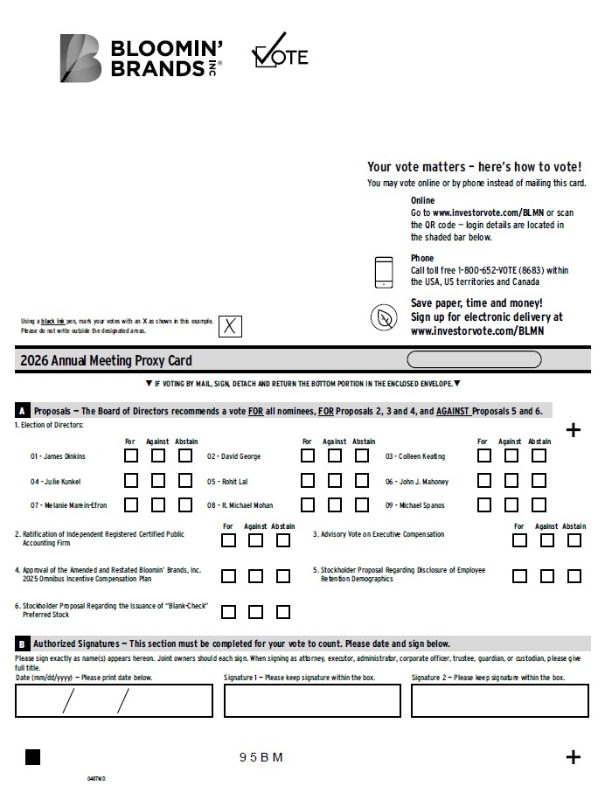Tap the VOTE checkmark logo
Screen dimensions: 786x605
(280, 52)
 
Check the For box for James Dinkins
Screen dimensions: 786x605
(130, 456)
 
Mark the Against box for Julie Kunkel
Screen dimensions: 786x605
(158, 480)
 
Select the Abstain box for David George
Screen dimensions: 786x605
(362, 456)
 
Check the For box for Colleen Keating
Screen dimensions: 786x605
(483, 456)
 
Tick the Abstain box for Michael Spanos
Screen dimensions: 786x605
(539, 504)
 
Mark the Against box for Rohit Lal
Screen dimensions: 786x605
(335, 480)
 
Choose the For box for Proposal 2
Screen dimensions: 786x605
(228, 540)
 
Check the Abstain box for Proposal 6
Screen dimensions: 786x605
(283, 612)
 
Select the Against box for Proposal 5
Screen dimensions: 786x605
(546, 576)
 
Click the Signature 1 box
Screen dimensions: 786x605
(311, 700)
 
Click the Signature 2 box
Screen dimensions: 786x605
(499, 700)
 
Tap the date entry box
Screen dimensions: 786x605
(114, 700)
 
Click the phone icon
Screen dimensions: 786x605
(384, 272)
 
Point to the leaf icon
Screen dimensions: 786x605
(384, 318)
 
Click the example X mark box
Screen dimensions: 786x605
(229, 327)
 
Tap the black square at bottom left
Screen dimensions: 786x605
(32, 757)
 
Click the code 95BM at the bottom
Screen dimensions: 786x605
(261, 757)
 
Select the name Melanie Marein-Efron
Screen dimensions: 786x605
(68, 505)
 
